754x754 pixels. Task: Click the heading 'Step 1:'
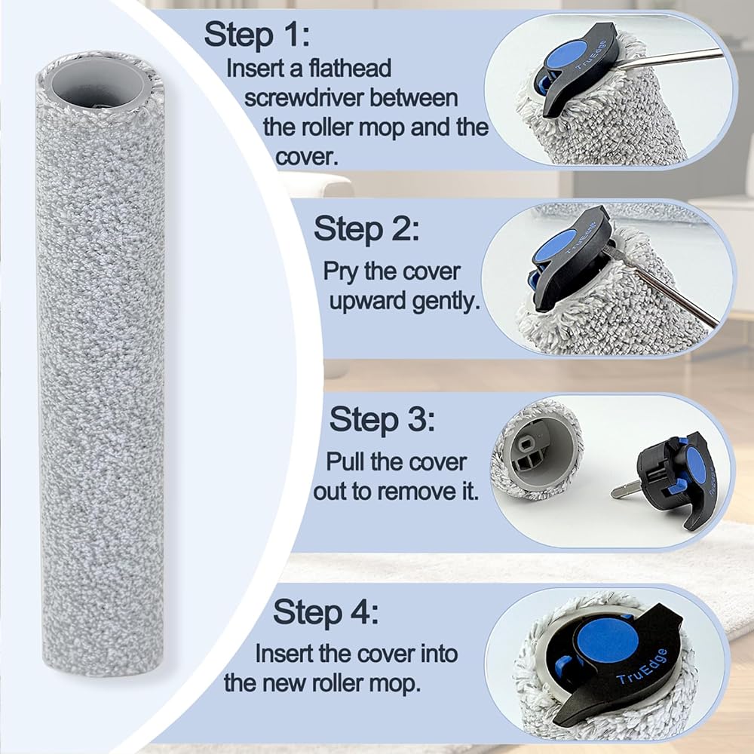click(x=257, y=35)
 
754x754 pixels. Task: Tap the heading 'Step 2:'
click(x=367, y=229)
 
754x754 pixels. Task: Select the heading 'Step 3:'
click(x=382, y=419)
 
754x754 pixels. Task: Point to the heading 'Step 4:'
click(x=326, y=612)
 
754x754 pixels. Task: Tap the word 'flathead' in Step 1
click(x=350, y=69)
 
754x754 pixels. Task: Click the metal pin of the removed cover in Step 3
click(x=625, y=489)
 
